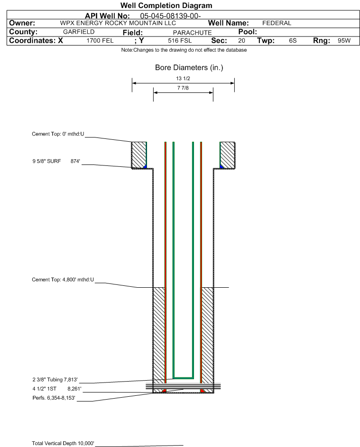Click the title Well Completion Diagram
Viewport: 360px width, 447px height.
166,5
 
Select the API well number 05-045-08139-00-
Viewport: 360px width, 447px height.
170,16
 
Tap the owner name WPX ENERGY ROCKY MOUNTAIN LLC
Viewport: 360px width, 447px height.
118,23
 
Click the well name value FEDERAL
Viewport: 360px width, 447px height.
277,23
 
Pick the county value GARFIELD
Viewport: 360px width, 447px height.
79,32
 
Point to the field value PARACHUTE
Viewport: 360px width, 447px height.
192,33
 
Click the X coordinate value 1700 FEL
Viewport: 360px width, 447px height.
100,40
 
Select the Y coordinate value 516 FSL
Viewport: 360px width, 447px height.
180,40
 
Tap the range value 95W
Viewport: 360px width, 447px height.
344,40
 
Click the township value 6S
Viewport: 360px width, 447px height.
293,40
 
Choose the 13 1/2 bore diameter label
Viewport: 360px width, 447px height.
183,78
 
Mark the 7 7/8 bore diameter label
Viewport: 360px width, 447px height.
183,88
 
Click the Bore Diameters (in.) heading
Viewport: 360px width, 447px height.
189,68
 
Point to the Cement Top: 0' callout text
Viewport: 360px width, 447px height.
58,134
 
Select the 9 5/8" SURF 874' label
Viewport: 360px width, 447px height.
56,161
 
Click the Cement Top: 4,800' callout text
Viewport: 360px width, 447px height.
63,280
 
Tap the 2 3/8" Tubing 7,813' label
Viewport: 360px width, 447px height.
55,379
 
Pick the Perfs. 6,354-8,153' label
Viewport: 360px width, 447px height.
54,398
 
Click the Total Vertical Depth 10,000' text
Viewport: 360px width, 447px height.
63,443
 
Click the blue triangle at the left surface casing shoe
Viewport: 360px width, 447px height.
145,166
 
